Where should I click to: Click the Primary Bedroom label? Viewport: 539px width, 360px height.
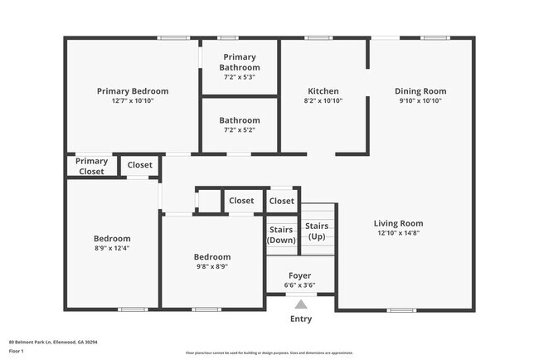click(x=133, y=91)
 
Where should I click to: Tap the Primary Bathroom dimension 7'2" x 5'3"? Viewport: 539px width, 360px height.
click(x=240, y=77)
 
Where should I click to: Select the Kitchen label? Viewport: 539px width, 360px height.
click(x=323, y=91)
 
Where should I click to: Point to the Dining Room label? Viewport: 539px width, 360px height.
click(x=420, y=91)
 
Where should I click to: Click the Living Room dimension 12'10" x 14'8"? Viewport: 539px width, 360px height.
click(x=398, y=234)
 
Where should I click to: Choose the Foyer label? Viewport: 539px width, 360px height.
click(x=299, y=275)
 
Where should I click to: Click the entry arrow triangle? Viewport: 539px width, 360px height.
click(x=300, y=304)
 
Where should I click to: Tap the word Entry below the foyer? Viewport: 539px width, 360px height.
click(x=301, y=319)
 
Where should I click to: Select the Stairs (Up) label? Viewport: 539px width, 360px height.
click(x=317, y=231)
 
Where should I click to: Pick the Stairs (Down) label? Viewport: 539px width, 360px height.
click(x=281, y=235)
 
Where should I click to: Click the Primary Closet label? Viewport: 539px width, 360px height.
click(x=92, y=166)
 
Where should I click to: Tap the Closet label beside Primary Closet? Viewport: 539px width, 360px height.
click(x=140, y=165)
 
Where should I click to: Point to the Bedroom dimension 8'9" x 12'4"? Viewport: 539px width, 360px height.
click(x=111, y=248)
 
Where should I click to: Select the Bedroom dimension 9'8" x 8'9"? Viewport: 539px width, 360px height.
click(x=212, y=267)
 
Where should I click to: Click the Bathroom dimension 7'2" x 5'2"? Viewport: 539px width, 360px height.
click(x=240, y=130)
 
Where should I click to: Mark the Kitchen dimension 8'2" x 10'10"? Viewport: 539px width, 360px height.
click(x=323, y=101)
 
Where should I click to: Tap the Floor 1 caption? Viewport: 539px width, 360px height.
click(x=16, y=351)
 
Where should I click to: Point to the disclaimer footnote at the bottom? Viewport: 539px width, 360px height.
click(x=269, y=353)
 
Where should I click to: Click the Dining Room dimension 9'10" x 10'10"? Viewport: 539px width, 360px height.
click(x=420, y=101)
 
